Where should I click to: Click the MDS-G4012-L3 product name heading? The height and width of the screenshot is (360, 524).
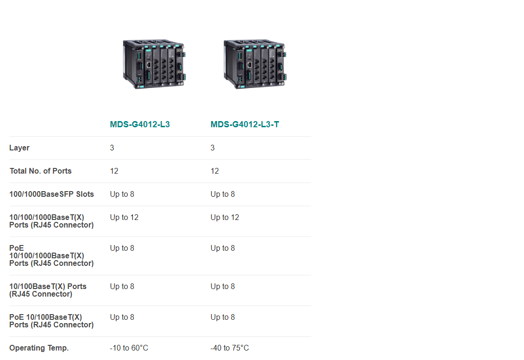[x=140, y=124]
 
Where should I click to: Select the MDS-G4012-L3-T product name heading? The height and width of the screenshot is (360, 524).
[x=245, y=124]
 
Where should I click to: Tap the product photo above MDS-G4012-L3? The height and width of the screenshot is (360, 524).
[x=154, y=64]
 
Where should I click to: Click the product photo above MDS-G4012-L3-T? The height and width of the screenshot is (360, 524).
[x=254, y=64]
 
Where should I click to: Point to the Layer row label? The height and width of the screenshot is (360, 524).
[x=19, y=148]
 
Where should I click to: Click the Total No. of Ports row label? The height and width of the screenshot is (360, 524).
[x=41, y=171]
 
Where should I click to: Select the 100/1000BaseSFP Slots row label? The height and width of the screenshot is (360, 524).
[x=52, y=194]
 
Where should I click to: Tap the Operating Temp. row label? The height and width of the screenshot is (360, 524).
[x=39, y=348]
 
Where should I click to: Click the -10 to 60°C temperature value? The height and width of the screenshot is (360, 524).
[x=129, y=348]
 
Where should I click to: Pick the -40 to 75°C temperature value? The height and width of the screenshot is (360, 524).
[x=229, y=348]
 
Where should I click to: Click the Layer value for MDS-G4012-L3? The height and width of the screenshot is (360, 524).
[x=112, y=148]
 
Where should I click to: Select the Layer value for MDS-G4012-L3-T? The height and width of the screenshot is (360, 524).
[x=212, y=148]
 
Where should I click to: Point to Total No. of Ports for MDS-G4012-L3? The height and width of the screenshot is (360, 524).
[x=114, y=171]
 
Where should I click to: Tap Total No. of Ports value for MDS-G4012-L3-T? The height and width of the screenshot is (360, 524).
[x=215, y=171]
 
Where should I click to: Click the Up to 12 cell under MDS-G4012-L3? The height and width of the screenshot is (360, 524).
[x=124, y=217]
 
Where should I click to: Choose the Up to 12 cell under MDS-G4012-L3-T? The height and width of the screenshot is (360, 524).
[x=225, y=217]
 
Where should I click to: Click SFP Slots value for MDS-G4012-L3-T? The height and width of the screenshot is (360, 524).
[x=223, y=194]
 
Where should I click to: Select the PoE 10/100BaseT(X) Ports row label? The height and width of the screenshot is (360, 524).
[x=52, y=321]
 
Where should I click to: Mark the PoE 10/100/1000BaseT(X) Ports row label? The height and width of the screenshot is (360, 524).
[x=52, y=256]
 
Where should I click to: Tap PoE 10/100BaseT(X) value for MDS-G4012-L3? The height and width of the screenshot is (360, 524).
[x=122, y=317]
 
